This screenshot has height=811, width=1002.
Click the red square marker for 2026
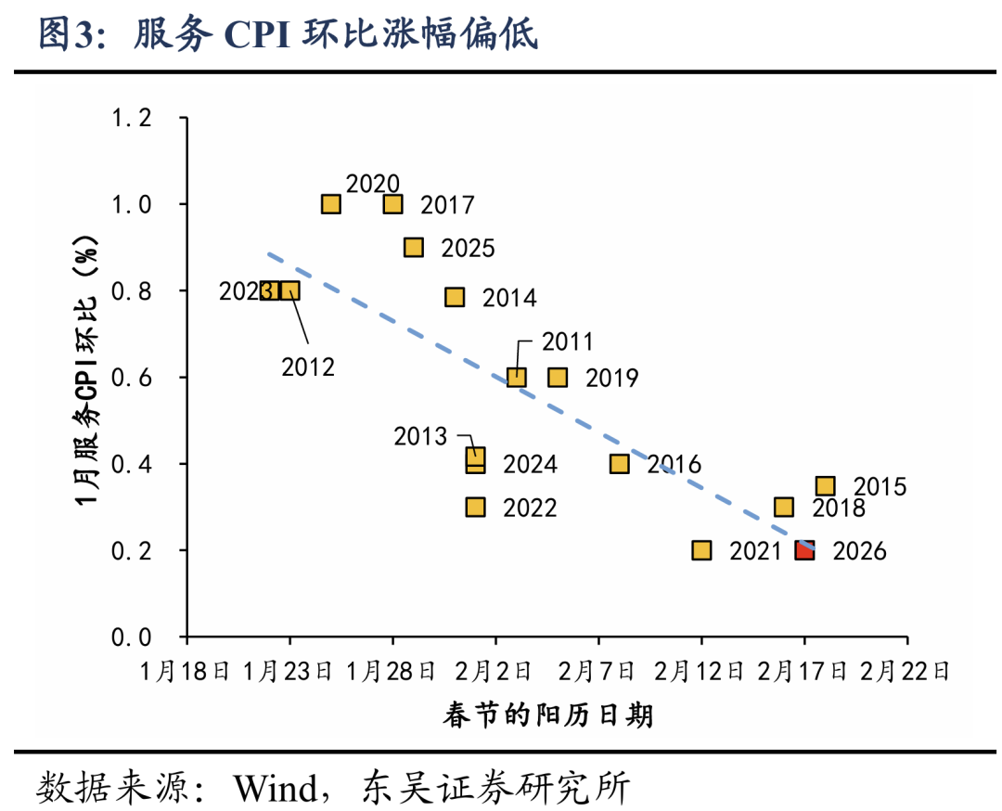(x=804, y=550)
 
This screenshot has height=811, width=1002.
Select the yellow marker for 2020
(x=331, y=204)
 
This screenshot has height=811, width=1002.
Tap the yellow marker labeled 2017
(x=393, y=204)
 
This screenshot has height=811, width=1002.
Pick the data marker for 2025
(x=414, y=248)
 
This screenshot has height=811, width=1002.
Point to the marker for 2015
(x=825, y=486)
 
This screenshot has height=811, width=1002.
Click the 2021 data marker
(x=701, y=550)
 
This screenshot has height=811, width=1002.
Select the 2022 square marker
(x=475, y=508)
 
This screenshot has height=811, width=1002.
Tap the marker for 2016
(x=620, y=464)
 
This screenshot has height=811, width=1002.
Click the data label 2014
(x=509, y=298)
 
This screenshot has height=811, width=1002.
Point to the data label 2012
(x=308, y=367)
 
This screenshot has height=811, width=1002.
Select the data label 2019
(x=611, y=378)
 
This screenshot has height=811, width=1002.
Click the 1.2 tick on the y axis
(x=131, y=118)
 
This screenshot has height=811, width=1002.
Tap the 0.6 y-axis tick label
(x=131, y=378)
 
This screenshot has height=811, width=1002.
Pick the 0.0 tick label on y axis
(x=131, y=637)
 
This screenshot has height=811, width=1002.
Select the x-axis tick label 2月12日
(x=701, y=671)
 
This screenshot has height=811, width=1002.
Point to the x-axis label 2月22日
(x=906, y=671)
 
